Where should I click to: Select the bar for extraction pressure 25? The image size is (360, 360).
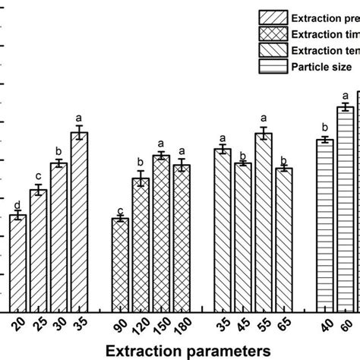click(39, 250)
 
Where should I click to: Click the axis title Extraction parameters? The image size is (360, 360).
click(187, 350)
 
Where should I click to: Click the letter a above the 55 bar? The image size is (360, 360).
click(263, 119)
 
